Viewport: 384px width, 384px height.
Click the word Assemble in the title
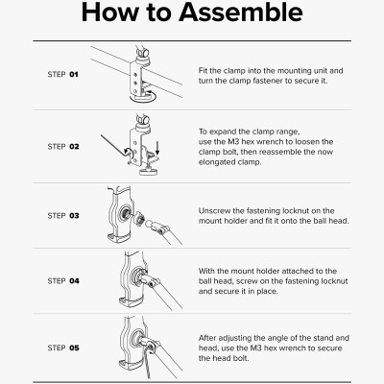pos(241,12)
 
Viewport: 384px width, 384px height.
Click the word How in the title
pos(109,12)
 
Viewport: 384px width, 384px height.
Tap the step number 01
pos(74,75)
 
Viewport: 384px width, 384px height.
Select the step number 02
pos(74,147)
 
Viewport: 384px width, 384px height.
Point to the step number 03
pos(74,216)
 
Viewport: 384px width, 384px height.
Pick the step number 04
pos(74,281)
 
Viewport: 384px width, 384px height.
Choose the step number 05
pos(74,348)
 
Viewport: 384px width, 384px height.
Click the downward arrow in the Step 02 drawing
pos(157,148)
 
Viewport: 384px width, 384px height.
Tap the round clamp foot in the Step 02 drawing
pos(149,172)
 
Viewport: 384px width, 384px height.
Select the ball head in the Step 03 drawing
pos(149,224)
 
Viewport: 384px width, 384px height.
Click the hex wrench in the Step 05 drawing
pos(148,363)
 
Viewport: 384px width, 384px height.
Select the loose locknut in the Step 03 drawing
pos(139,219)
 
